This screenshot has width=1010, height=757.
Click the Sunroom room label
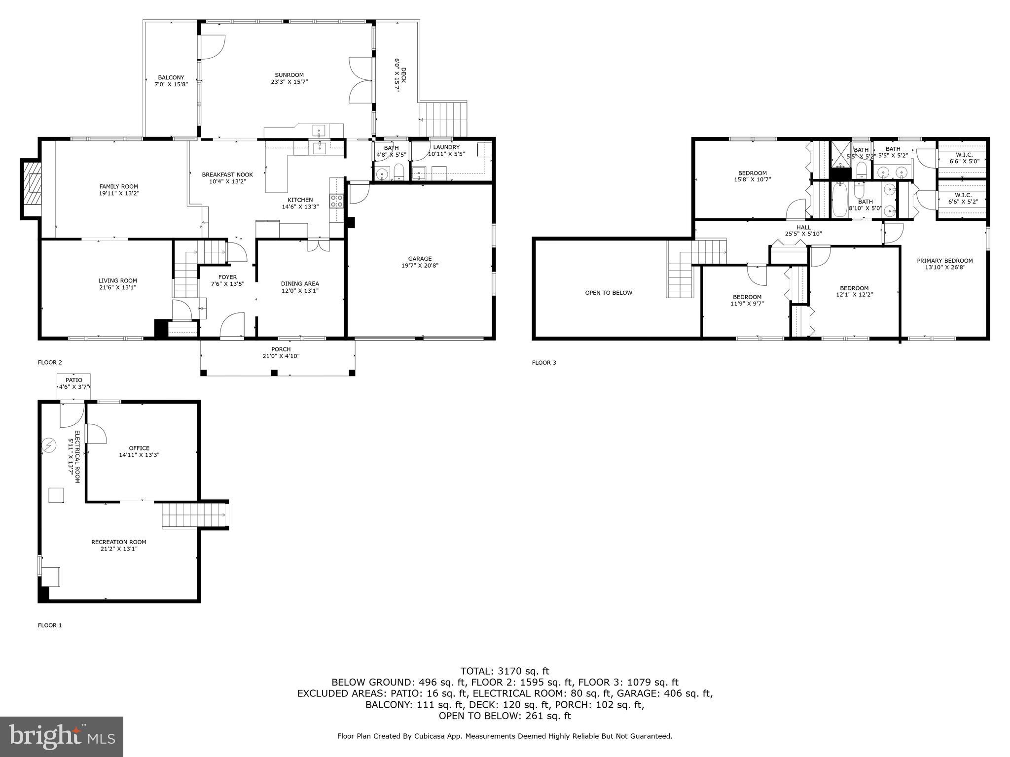pos(289,75)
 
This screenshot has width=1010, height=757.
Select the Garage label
pos(420,258)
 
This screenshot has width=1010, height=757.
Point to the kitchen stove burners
pos(336,200)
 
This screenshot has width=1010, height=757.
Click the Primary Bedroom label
pos(944,261)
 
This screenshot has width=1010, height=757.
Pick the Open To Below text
pos(608,293)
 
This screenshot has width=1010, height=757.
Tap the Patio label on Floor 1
pos(74,380)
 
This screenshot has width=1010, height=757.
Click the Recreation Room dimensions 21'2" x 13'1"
pos(118,549)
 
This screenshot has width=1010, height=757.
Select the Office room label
pos(139,448)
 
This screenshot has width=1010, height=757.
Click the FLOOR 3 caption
pos(543,363)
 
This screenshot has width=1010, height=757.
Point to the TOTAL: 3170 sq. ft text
pos(505,671)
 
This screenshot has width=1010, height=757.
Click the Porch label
pos(281,349)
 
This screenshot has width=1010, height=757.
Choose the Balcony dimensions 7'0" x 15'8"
pos(171,84)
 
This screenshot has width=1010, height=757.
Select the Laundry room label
pos(446,147)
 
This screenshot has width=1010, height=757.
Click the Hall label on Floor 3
pos(803,227)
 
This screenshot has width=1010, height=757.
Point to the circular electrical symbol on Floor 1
pos(48,446)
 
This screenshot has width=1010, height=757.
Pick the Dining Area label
pos(300,283)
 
